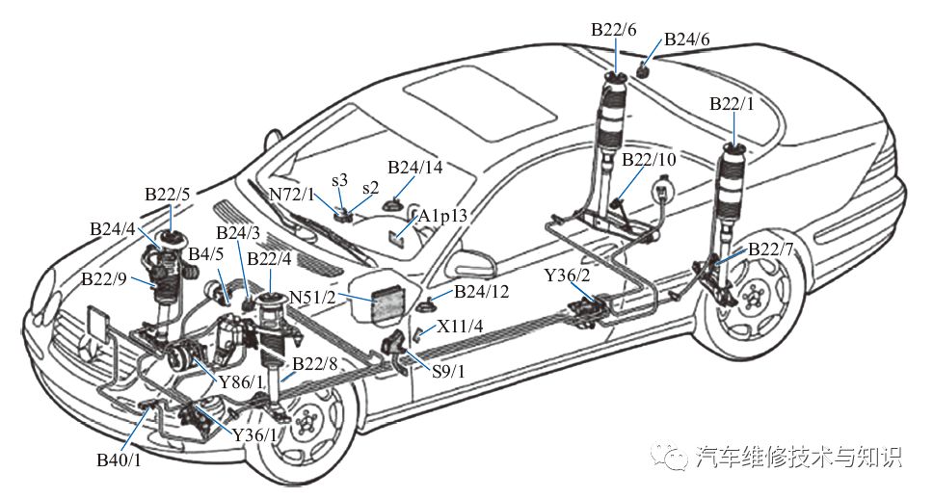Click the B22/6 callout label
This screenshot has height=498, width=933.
click(x=613, y=30)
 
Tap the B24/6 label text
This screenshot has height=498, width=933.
click(x=686, y=39)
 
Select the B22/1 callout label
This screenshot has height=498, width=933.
click(x=732, y=104)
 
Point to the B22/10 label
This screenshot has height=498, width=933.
click(x=650, y=160)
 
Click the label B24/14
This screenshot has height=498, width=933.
click(x=415, y=168)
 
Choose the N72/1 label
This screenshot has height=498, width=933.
click(x=291, y=195)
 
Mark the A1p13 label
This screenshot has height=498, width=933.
click(x=442, y=217)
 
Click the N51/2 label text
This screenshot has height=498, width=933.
click(x=313, y=296)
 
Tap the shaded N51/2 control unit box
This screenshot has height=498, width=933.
click(x=389, y=304)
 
